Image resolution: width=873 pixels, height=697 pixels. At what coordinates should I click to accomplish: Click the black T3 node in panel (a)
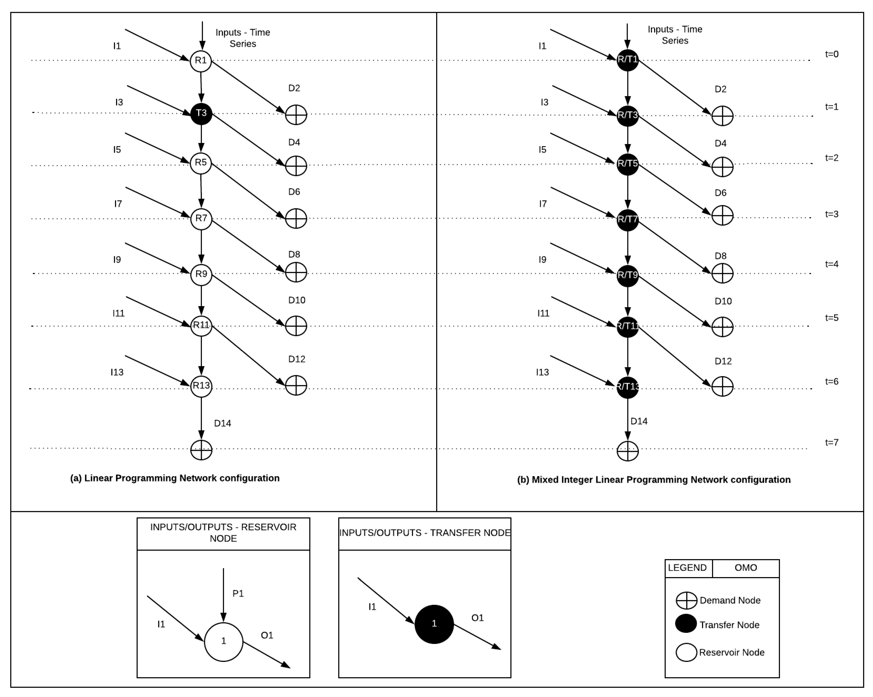[x=201, y=113]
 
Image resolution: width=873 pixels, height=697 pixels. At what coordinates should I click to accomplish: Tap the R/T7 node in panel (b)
[x=627, y=220]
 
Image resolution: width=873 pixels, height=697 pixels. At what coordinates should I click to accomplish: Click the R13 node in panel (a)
[x=201, y=386]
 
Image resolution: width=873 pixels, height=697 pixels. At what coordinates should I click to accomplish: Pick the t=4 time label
[x=832, y=264]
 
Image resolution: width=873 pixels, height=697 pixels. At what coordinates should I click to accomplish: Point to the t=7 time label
[x=832, y=442]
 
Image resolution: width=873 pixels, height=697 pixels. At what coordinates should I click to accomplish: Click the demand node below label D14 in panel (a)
[x=201, y=450]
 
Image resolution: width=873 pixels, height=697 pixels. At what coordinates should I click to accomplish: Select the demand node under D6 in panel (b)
[x=722, y=215]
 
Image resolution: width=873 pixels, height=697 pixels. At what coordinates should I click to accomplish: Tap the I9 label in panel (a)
[x=117, y=260]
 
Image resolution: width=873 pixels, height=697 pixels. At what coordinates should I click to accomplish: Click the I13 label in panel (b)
[x=542, y=372]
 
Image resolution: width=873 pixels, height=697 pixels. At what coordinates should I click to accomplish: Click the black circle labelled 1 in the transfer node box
[x=434, y=624]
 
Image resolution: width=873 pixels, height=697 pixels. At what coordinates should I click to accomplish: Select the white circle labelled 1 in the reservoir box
[x=224, y=641]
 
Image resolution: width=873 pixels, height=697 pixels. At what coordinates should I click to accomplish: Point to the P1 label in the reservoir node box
[x=238, y=594]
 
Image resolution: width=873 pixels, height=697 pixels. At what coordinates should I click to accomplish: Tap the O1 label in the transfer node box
[x=477, y=618]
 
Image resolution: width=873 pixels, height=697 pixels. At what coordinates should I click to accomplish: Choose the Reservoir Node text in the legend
[x=732, y=653]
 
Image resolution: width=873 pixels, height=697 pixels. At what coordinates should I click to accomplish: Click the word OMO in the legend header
[x=745, y=568]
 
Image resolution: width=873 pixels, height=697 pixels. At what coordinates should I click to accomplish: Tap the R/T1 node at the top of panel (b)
[x=627, y=60]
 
